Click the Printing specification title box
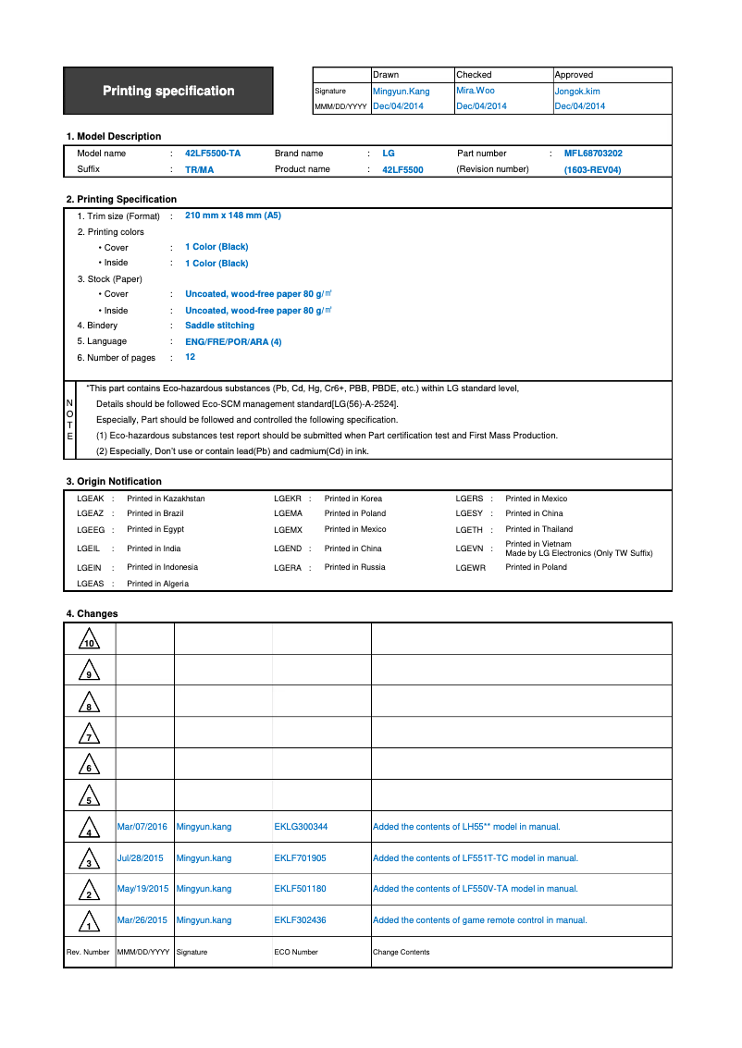168,91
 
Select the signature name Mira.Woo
476,91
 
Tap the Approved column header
574,74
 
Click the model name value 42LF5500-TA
213,154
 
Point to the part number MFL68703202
593,154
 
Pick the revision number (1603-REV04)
592,170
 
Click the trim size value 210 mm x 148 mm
233,216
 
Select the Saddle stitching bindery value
219,326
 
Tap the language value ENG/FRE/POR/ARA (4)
233,342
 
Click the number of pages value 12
191,357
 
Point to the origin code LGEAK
90,499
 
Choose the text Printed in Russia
354,567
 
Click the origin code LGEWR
470,568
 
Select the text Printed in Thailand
538,529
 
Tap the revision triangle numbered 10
90,640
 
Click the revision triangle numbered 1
89,922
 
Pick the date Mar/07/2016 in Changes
142,827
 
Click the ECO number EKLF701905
300,858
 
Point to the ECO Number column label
296,952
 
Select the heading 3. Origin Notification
114,481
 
